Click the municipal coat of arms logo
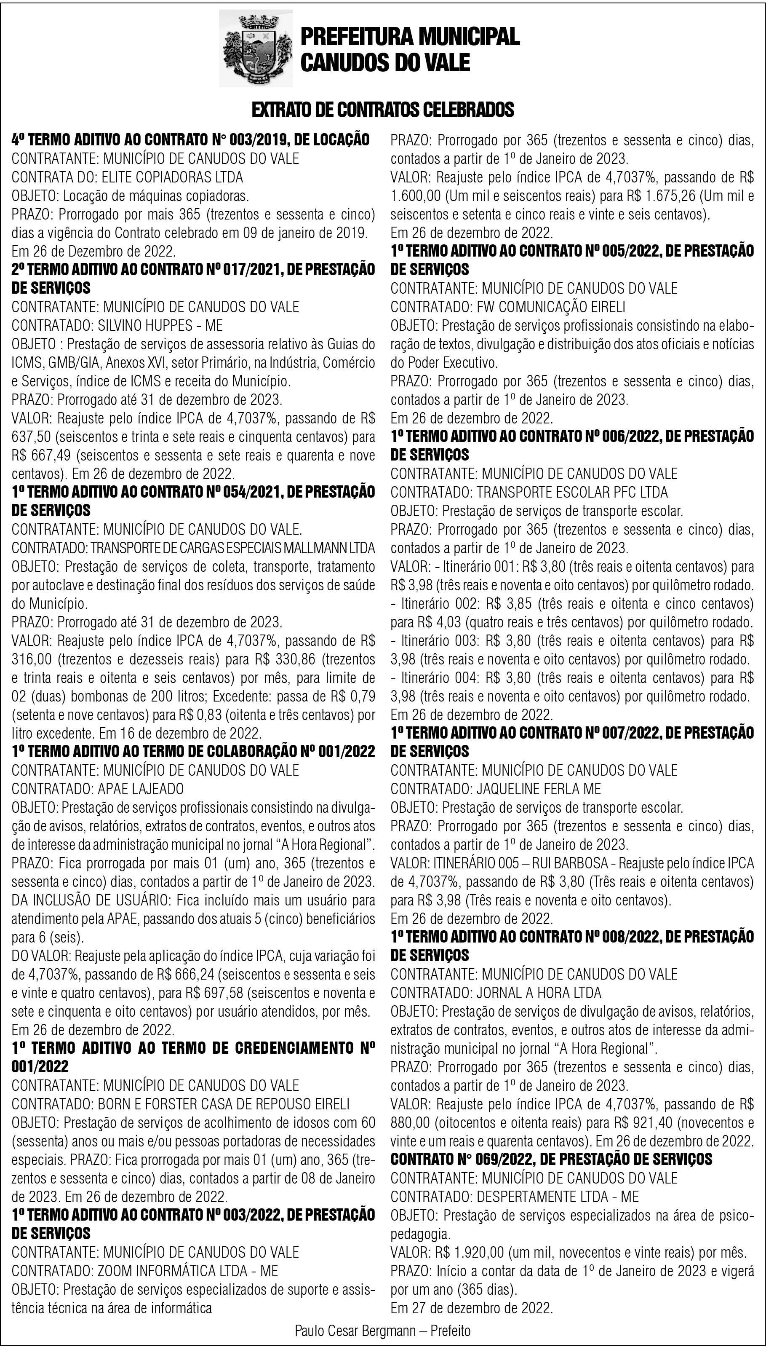256,51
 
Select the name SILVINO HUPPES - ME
160,325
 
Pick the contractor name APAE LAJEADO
141,788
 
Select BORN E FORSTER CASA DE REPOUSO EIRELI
224,1104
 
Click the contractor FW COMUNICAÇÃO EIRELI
551,306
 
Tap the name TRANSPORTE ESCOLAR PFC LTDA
572,492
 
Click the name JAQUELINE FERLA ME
539,788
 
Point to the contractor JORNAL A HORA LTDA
539,993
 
